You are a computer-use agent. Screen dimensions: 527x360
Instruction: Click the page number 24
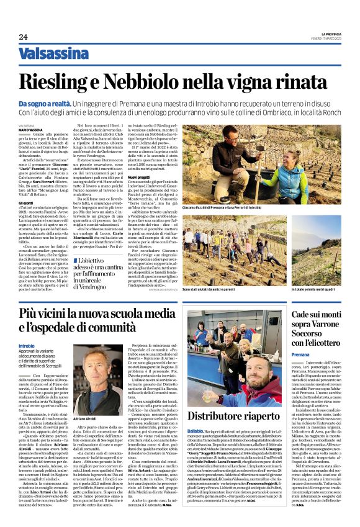point(23,37)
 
